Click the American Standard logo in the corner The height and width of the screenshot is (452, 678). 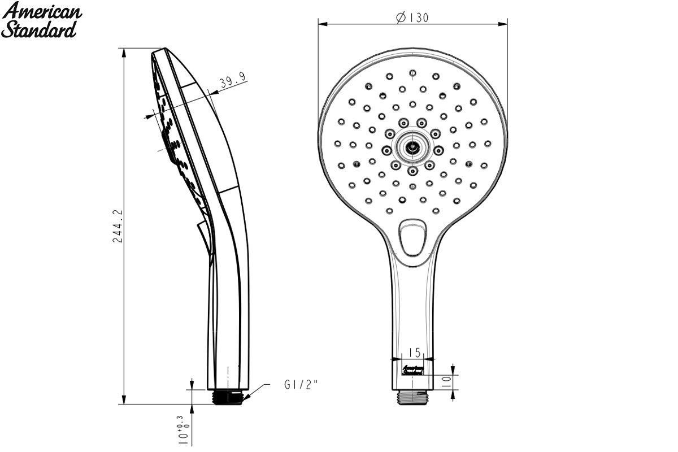[x=41, y=20]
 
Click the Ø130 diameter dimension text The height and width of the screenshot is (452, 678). [x=412, y=18]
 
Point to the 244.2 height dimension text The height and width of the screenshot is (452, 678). [x=118, y=226]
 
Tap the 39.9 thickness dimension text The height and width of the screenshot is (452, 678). [x=233, y=80]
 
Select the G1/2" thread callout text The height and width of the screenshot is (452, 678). [x=301, y=385]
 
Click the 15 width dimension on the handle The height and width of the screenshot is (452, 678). [x=415, y=353]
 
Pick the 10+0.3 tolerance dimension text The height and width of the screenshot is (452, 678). [x=184, y=430]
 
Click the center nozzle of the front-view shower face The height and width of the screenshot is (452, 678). [x=412, y=147]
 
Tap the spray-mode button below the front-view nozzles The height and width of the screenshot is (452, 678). [x=412, y=238]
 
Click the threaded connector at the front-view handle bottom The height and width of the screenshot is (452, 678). [x=412, y=397]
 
